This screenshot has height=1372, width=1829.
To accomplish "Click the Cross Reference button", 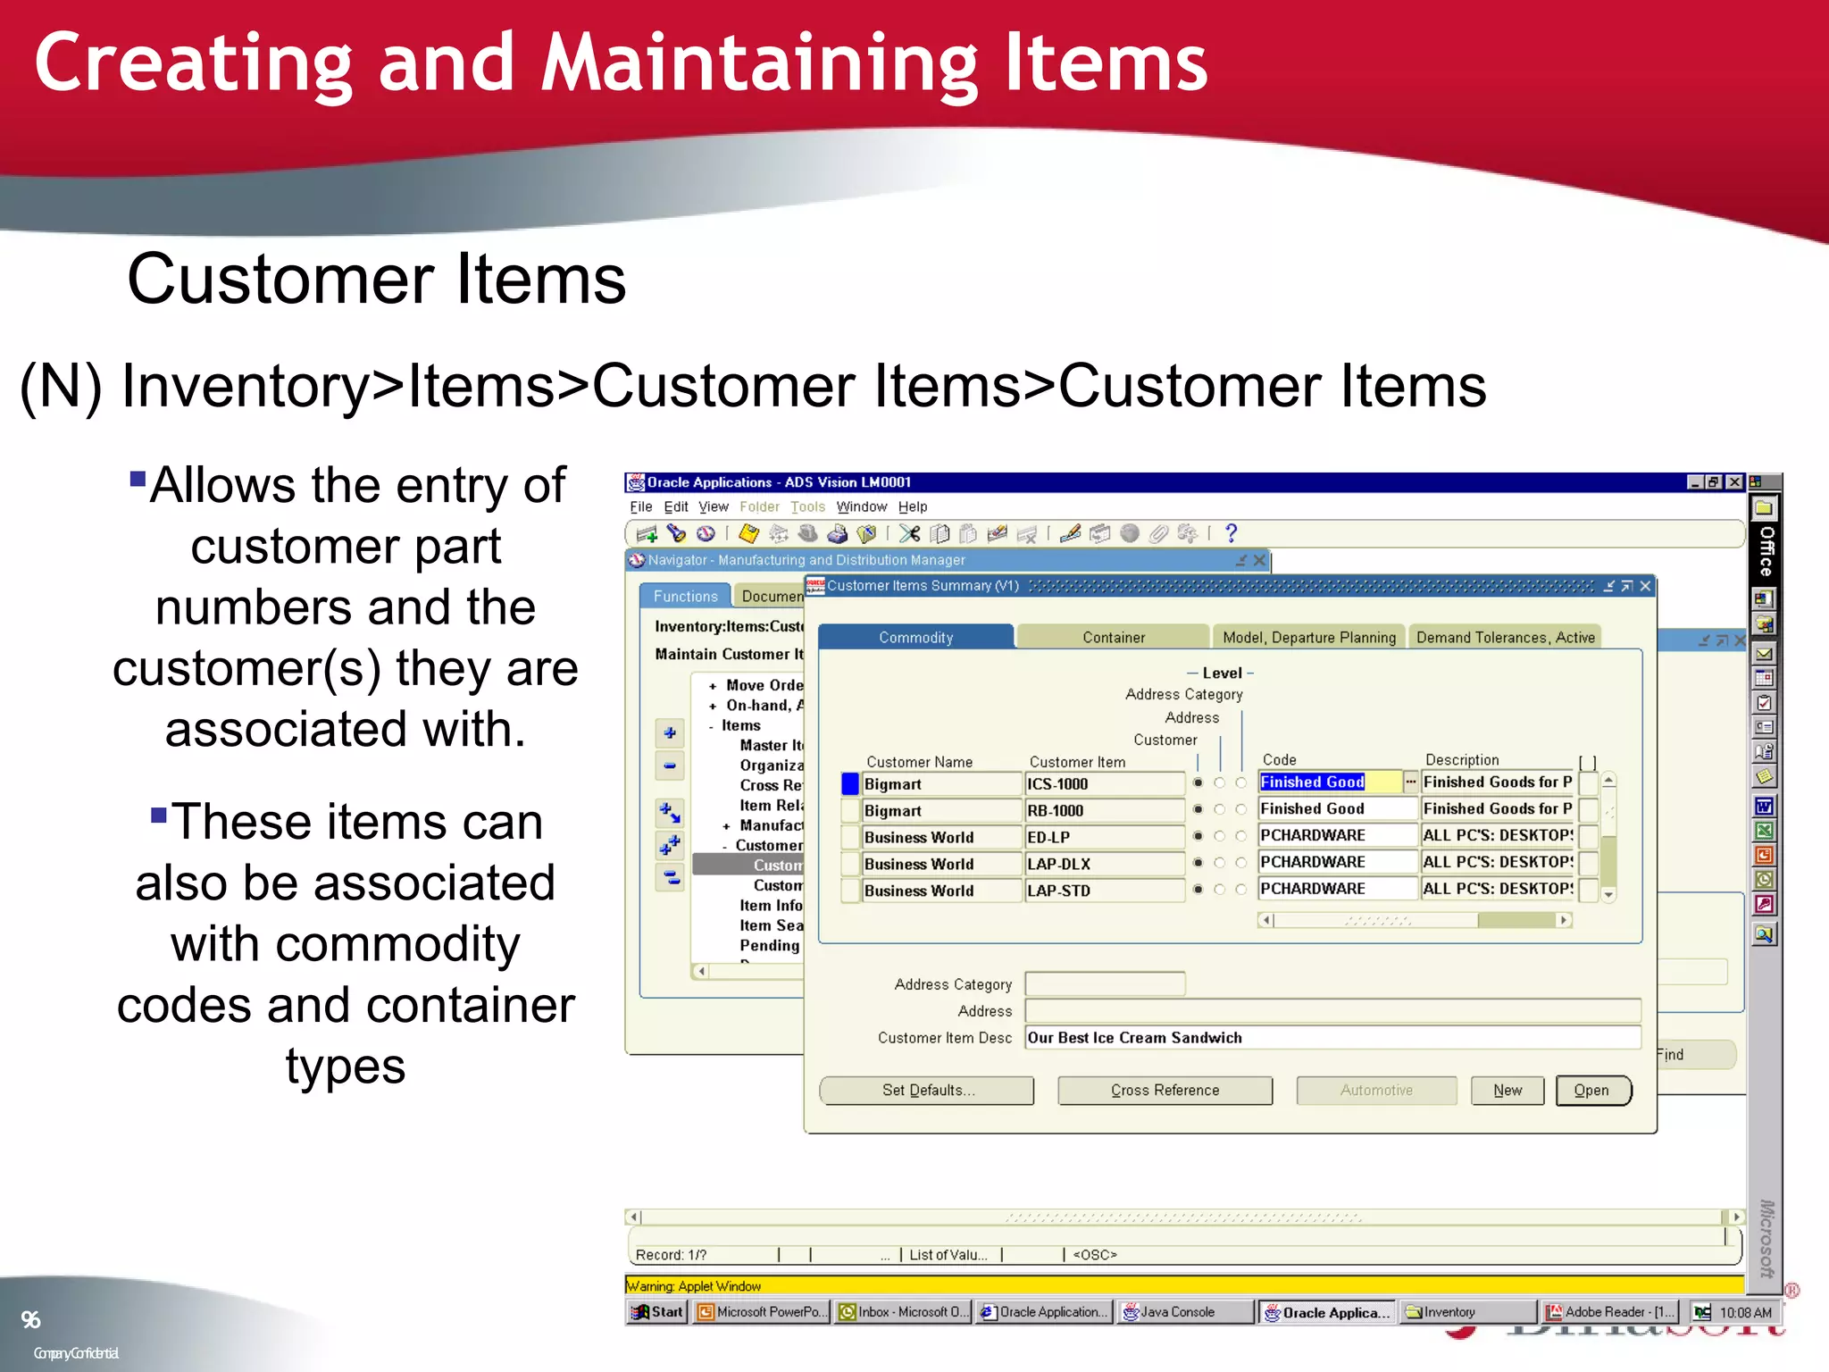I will tap(1165, 1090).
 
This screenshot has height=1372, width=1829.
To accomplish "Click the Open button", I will tap(1592, 1090).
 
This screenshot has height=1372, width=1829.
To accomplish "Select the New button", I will tap(1507, 1090).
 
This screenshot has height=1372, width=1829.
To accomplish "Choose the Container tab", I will tap(1113, 637).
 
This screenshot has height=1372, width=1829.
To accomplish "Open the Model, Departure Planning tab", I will tap(1308, 637).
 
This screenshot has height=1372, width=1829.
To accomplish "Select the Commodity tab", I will tap(915, 637).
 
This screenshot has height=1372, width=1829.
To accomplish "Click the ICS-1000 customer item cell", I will tap(1103, 784).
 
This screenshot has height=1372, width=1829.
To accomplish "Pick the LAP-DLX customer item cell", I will tap(1103, 864).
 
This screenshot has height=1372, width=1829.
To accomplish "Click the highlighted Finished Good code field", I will tap(1328, 782).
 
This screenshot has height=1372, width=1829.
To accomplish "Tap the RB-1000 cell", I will tap(1103, 810).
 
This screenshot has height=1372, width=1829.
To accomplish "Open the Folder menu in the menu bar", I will tap(759, 506).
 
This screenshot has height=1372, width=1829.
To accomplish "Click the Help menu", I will tap(912, 506).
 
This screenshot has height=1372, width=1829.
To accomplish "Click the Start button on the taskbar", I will tap(657, 1311).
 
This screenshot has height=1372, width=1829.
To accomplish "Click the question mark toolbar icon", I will tap(1231, 533).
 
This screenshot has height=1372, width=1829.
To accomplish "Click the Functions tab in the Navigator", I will tap(685, 596).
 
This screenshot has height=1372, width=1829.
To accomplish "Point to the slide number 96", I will tap(30, 1319).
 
